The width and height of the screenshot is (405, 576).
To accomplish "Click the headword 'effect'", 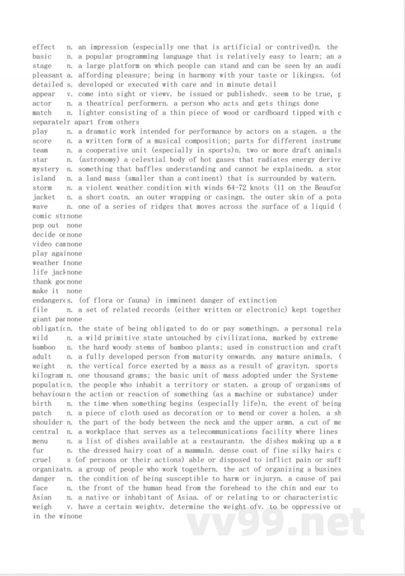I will pos(44,47).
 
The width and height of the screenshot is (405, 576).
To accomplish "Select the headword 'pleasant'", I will pos(47,75).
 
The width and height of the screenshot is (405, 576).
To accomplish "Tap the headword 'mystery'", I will pos(46,169).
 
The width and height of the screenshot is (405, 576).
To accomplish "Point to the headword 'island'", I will pos(44,178).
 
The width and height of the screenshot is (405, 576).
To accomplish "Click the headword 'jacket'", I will pos(44,197).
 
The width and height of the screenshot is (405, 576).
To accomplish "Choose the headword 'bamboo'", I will pos(44,347).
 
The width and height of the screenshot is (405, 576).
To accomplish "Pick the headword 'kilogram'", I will pos(48,375).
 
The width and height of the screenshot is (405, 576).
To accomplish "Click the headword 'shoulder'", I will pos(48,422).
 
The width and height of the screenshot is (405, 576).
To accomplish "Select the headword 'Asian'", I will pos(42,497).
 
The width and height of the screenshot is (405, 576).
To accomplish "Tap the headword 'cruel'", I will pos(42,459).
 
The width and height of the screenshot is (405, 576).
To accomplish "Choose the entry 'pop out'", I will pos(46,225).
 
